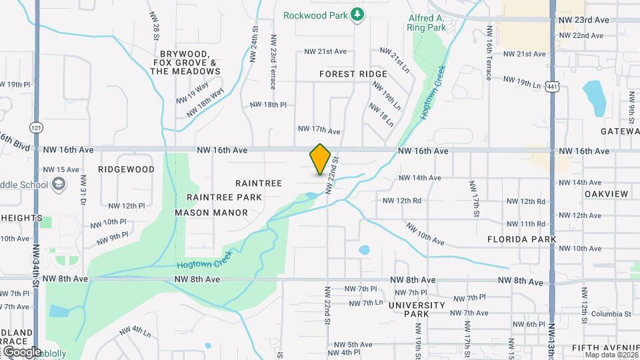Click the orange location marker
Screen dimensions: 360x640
coord(320,159)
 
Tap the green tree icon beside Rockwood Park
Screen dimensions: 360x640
coord(358,14)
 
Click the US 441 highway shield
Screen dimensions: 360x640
coord(551,87)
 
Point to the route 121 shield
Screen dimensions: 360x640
coord(36,127)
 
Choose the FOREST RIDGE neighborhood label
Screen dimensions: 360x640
coord(353,74)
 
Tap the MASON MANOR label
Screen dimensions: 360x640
coord(211,213)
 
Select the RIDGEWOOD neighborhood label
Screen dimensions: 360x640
coord(126,169)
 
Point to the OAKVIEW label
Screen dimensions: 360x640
coord(607,194)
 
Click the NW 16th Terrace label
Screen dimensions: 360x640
coord(490,53)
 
